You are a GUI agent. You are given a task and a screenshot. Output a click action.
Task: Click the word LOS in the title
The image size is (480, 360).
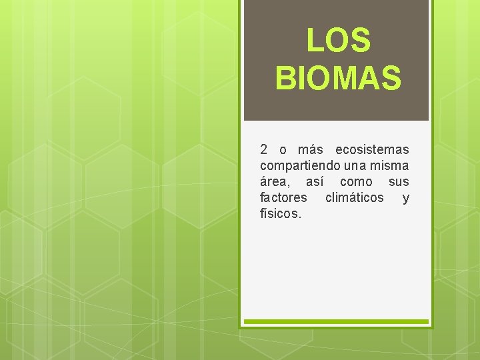pyautogui.click(x=338, y=40)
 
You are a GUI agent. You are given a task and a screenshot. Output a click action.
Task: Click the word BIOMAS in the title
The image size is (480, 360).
pyautogui.click(x=338, y=77)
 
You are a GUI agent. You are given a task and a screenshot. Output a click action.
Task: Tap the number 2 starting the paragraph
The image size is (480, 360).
pyautogui.click(x=264, y=149)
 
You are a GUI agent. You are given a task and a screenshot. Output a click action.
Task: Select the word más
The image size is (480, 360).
pyautogui.click(x=310, y=149)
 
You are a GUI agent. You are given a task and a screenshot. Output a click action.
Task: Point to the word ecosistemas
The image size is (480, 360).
pyautogui.click(x=372, y=149)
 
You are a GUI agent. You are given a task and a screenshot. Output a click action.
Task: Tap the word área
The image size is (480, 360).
pyautogui.click(x=275, y=181)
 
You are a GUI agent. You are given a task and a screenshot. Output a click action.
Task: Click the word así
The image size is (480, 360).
pyautogui.click(x=317, y=181)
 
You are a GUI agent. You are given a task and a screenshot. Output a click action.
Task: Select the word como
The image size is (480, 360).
pyautogui.click(x=356, y=181)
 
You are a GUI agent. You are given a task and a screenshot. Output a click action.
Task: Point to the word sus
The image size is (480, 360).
pyautogui.click(x=399, y=181)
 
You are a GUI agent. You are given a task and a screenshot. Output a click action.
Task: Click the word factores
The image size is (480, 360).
pyautogui.click(x=283, y=198)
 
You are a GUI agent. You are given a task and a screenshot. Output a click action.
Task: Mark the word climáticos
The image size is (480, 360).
pyautogui.click(x=354, y=198)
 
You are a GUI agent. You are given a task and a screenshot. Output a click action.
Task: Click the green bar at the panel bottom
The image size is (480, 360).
pyautogui.click(x=336, y=321)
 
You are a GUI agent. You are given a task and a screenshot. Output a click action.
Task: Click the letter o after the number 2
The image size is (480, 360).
pyautogui.click(x=283, y=149)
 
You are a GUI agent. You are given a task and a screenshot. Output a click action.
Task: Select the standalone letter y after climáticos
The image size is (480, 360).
pyautogui.click(x=406, y=199)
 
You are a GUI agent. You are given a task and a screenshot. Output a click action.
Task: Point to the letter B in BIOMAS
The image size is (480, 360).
pyautogui.click(x=284, y=77)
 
